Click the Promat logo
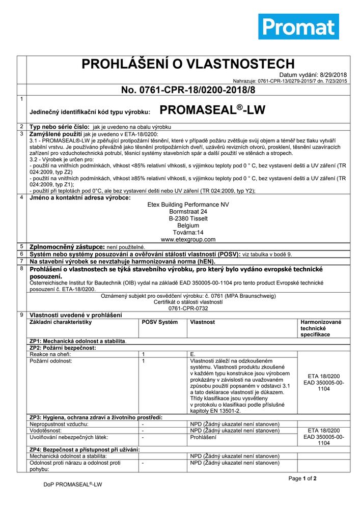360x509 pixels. (x=298, y=26)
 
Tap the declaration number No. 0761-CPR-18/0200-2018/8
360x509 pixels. (x=188, y=90)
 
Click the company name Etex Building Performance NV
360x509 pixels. (x=188, y=205)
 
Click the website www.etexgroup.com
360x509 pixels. (x=188, y=239)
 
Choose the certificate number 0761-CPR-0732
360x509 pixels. (x=188, y=308)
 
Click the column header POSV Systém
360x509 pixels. (x=160, y=322)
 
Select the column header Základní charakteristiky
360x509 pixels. (x=61, y=322)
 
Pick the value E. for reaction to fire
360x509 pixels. (x=192, y=354)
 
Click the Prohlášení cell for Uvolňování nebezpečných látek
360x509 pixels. (x=203, y=437)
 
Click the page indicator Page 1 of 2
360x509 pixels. (x=302, y=478)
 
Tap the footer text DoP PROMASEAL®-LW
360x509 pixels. (x=73, y=486)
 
